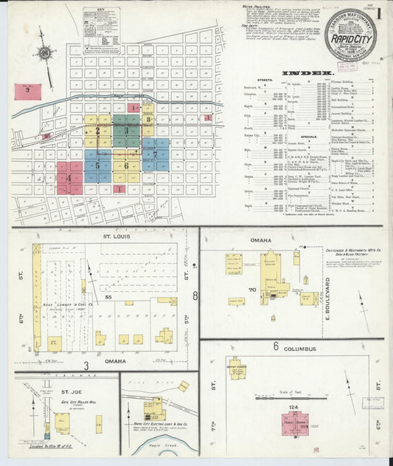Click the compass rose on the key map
point(45,54)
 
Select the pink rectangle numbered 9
point(28,92)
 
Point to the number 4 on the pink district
point(69,177)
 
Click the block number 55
point(108,295)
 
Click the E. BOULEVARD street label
point(325,296)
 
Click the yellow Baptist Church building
point(237,374)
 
